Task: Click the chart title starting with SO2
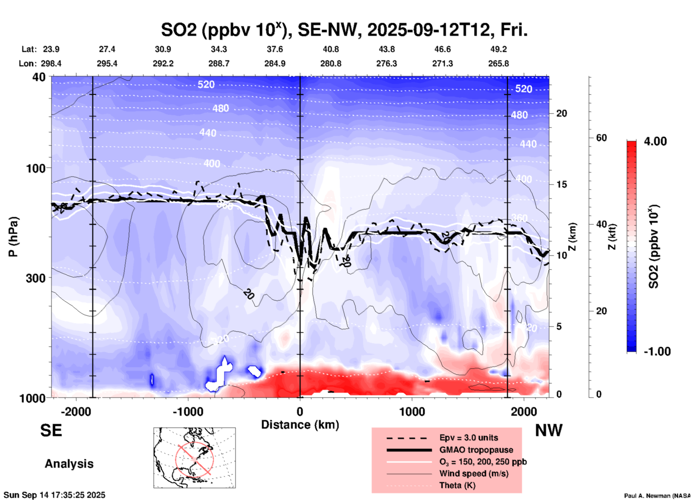(344, 30)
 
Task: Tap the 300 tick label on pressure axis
(36, 278)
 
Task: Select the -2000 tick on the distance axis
(76, 411)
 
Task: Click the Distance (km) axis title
(300, 425)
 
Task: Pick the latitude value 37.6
(274, 49)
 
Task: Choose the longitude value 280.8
(330, 63)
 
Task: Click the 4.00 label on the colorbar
(655, 141)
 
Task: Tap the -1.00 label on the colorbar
(657, 352)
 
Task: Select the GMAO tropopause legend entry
(476, 450)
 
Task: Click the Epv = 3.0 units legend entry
(469, 438)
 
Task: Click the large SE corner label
(51, 430)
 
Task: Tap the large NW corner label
(549, 430)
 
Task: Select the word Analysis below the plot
(69, 464)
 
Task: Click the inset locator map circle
(194, 459)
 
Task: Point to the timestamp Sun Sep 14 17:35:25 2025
(55, 495)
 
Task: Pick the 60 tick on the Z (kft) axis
(601, 138)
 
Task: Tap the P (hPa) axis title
(13, 237)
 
